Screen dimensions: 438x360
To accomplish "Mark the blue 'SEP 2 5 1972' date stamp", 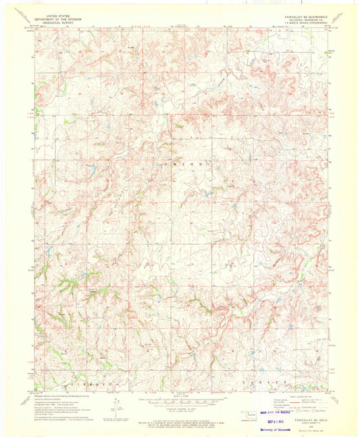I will tap(272, 418).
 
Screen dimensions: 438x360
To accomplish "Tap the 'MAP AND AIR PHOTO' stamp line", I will tap(267, 410).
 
